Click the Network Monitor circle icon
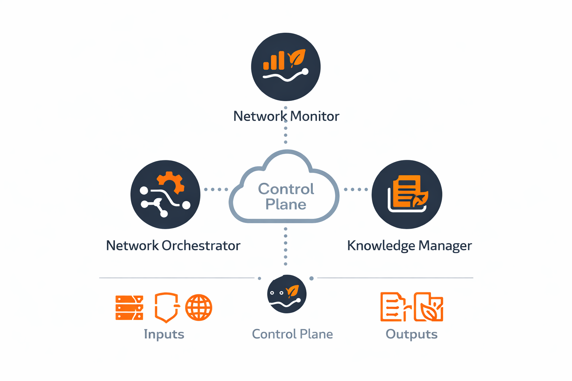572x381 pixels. coord(286,67)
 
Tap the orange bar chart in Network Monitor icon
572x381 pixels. coord(274,61)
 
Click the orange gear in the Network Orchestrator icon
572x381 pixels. coord(171,182)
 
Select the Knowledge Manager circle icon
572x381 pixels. coord(407,194)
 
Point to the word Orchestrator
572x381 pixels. coord(201,246)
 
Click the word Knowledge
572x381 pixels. coord(381,246)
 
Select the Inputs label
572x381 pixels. coord(164,334)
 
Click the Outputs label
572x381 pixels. coord(411,334)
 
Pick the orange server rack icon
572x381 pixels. coord(129,308)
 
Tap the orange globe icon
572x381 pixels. coord(198,308)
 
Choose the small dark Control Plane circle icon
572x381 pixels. coord(287,294)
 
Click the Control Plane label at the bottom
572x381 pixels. coord(292,334)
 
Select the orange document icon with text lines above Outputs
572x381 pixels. coord(393,307)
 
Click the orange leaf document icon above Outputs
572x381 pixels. coord(429,307)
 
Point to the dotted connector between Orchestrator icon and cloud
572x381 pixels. coord(216,189)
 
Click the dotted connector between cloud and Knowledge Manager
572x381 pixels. coord(356,189)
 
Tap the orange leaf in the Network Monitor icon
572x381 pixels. coord(297,58)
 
